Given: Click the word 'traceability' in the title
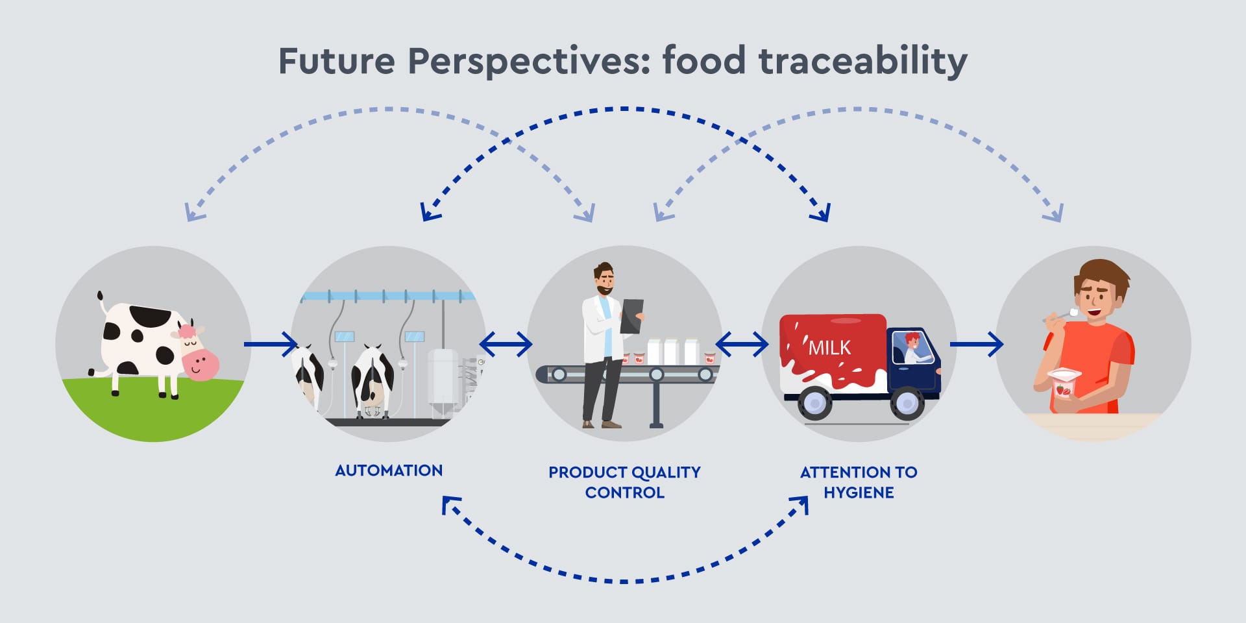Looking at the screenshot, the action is pyautogui.click(x=862, y=62).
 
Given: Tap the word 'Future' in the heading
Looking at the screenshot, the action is pyautogui.click(x=337, y=61).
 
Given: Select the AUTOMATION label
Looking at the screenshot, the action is pyautogui.click(x=389, y=470).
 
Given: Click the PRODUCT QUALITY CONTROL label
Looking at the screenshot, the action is pyautogui.click(x=624, y=482).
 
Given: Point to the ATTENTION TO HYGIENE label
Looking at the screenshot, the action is pyautogui.click(x=859, y=482).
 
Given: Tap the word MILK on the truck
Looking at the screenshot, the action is pyautogui.click(x=829, y=348).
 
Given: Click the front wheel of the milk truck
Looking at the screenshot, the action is pyautogui.click(x=907, y=404).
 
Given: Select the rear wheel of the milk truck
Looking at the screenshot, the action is pyautogui.click(x=814, y=404).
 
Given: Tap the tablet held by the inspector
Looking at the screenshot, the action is pyautogui.click(x=631, y=316).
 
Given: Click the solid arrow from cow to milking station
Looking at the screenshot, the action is pyautogui.click(x=271, y=344).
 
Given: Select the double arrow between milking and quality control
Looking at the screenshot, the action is pyautogui.click(x=506, y=344).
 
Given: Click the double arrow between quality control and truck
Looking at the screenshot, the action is pyautogui.click(x=742, y=344).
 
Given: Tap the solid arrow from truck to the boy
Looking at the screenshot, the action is pyautogui.click(x=977, y=344).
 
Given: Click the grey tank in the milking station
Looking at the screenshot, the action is pyautogui.click(x=443, y=383).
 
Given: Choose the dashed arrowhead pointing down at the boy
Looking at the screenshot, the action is pyautogui.click(x=1054, y=213).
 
